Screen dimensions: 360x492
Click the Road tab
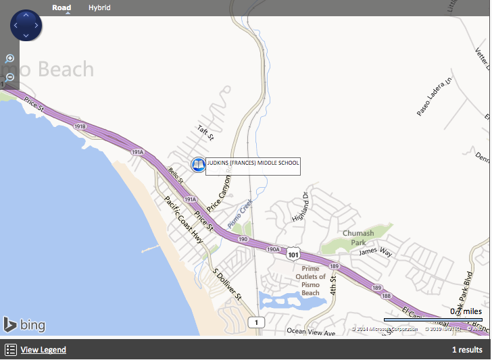point(62,7)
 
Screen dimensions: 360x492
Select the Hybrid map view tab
point(99,7)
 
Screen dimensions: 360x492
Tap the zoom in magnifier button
point(9,59)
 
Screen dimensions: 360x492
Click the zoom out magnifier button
point(9,77)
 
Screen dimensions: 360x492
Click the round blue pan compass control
point(26,26)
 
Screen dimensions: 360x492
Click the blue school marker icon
point(198,164)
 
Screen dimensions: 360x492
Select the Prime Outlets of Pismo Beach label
point(310,280)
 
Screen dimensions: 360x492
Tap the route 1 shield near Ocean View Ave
point(255,322)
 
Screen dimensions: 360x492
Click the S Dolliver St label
point(227,283)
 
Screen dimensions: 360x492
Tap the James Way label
point(376,252)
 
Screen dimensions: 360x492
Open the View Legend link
point(43,350)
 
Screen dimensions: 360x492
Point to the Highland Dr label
point(300,207)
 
